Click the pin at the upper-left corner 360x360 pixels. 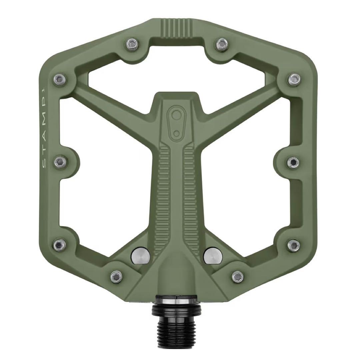click(x=59, y=79)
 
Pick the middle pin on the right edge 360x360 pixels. click(x=293, y=162)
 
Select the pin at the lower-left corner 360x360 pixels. click(x=60, y=244)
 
